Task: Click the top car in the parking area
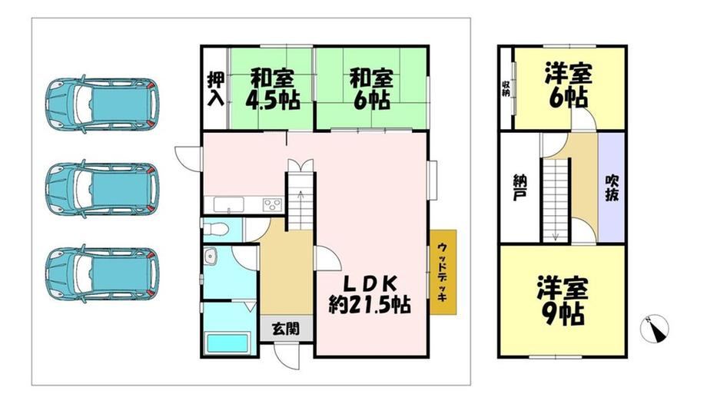click(x=102, y=104)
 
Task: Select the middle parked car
click(x=102, y=188)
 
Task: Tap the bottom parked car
click(x=102, y=273)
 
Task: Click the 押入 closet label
click(x=215, y=89)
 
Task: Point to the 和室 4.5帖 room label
click(x=272, y=89)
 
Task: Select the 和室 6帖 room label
click(x=371, y=89)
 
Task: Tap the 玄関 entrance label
click(x=286, y=329)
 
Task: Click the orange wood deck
click(x=443, y=272)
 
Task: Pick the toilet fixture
click(x=216, y=229)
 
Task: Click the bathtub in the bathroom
click(x=227, y=343)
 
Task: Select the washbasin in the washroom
click(x=210, y=257)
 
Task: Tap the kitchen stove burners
click(x=272, y=205)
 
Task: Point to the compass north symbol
click(x=655, y=329)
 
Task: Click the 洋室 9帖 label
click(x=563, y=301)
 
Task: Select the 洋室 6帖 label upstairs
click(x=568, y=86)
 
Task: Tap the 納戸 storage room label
click(x=520, y=187)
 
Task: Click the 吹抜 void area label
click(x=612, y=187)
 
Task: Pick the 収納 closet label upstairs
click(x=506, y=88)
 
